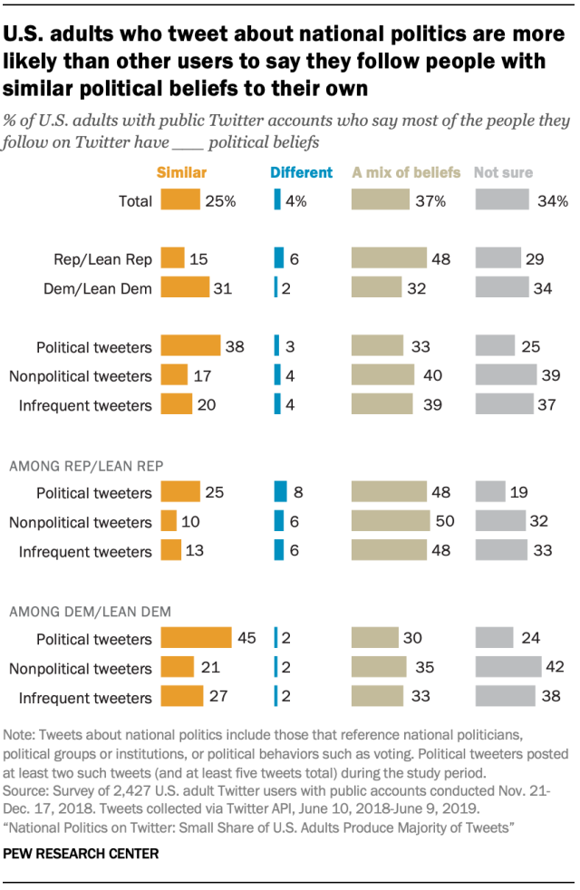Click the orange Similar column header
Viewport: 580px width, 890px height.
pyautogui.click(x=182, y=171)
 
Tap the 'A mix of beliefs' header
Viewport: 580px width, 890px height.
pyautogui.click(x=406, y=171)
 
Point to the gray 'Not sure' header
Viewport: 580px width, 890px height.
pyautogui.click(x=504, y=171)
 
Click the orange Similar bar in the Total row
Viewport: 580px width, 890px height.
pyautogui.click(x=180, y=200)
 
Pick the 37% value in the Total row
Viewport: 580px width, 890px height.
pyautogui.click(x=430, y=201)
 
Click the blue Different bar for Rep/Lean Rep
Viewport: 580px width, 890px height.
pyautogui.click(x=280, y=258)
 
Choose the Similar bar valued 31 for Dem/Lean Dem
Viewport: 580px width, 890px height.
pyautogui.click(x=185, y=288)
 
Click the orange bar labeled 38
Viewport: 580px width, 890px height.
pyautogui.click(x=190, y=345)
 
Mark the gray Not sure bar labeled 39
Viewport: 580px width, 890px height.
pyautogui.click(x=504, y=375)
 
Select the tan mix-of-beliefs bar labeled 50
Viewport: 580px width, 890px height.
pyautogui.click(x=391, y=522)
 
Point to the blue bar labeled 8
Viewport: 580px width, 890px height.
pyautogui.click(x=281, y=493)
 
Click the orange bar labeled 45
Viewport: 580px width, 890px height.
pyautogui.click(x=196, y=639)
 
